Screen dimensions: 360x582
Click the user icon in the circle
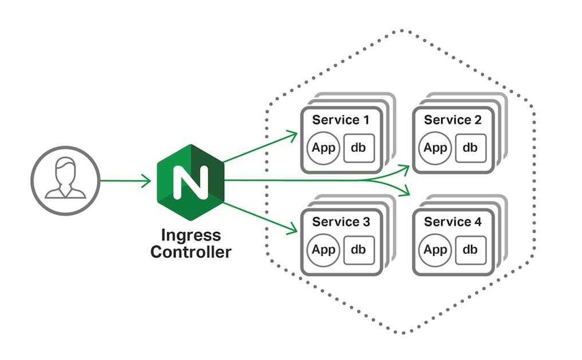pyautogui.click(x=65, y=180)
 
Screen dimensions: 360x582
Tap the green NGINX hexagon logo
pyautogui.click(x=190, y=180)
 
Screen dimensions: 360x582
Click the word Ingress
pyautogui.click(x=191, y=235)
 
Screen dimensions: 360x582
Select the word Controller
pyautogui.click(x=191, y=252)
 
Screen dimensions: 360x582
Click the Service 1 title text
pyautogui.click(x=341, y=120)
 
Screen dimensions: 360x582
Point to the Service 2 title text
pyautogui.click(x=453, y=120)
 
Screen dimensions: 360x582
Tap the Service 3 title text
pyautogui.click(x=341, y=222)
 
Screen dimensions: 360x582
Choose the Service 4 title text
pyautogui.click(x=453, y=222)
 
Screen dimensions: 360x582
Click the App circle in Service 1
pyautogui.click(x=324, y=147)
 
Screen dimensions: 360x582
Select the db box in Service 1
pyautogui.click(x=359, y=147)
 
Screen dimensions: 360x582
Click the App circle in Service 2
pyautogui.click(x=435, y=147)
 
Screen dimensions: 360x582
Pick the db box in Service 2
pyautogui.click(x=470, y=147)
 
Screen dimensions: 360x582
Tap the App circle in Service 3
pyautogui.click(x=324, y=249)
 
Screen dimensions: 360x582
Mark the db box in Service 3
pyautogui.click(x=359, y=249)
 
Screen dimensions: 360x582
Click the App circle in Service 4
pyautogui.click(x=435, y=249)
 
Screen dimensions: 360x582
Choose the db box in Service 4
pyautogui.click(x=470, y=249)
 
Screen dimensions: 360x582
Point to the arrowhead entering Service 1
pyautogui.click(x=294, y=134)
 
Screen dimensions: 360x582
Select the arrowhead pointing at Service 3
pyautogui.click(x=294, y=230)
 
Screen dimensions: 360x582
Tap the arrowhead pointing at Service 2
pyautogui.click(x=406, y=168)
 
